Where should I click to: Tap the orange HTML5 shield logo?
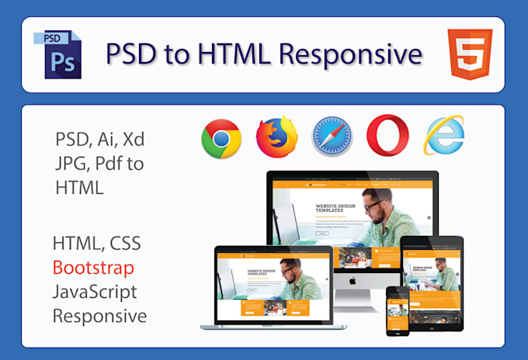pos(470,54)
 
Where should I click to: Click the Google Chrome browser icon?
pos(221,139)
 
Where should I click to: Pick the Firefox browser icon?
pos(277,137)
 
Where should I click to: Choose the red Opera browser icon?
pos(387,137)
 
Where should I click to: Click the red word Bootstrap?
pos(93,268)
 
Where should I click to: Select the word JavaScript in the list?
pos(95,292)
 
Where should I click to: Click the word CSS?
pos(124,243)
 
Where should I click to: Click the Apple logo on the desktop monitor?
pos(353,278)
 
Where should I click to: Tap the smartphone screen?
pos(398,310)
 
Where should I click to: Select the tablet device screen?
pos(431,275)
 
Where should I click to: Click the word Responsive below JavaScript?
pos(99,316)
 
